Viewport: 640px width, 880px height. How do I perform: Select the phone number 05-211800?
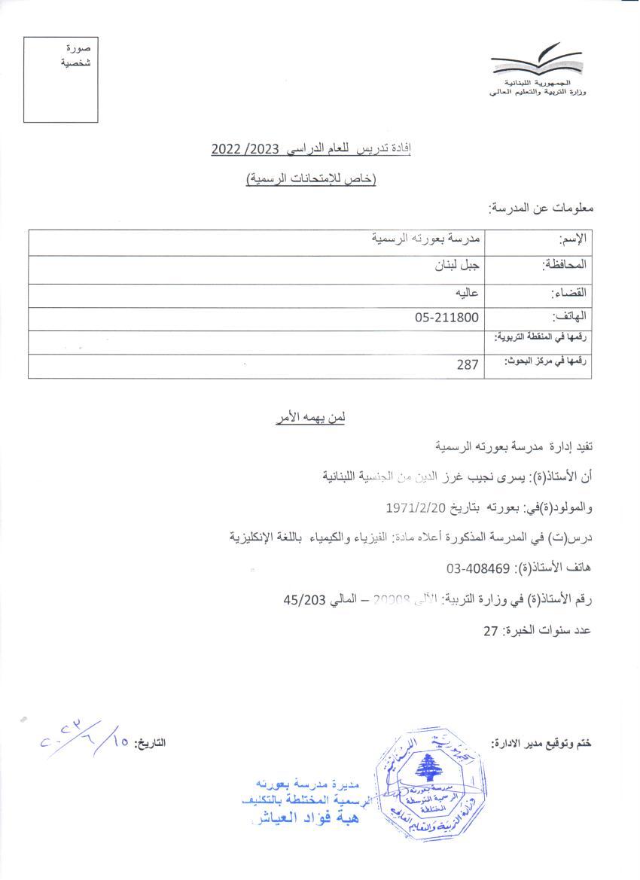446,318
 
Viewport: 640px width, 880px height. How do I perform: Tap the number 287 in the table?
468,365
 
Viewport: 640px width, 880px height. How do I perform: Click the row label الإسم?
573,240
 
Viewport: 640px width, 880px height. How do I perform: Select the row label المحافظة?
565,265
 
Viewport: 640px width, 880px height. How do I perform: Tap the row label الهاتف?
569,318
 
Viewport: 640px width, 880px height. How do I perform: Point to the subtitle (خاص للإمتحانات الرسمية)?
312,178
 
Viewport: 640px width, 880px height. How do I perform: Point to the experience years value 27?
491,630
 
